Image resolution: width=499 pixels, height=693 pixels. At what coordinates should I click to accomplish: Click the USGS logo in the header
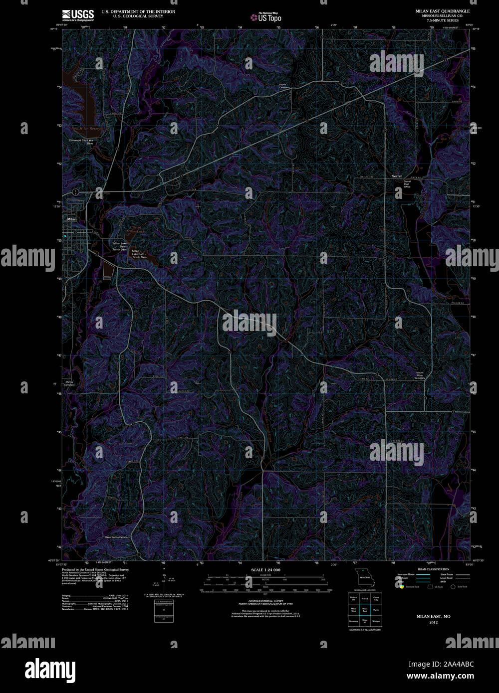[x=77, y=14]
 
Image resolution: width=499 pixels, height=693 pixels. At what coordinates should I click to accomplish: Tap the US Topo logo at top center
[x=266, y=17]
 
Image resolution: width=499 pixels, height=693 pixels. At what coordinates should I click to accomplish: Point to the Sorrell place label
[x=397, y=176]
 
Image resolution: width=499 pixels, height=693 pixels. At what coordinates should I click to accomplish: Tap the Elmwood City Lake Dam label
[x=81, y=142]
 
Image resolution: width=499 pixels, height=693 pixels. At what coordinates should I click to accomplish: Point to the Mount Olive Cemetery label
[x=420, y=375]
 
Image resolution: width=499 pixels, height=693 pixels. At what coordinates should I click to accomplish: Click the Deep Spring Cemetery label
[x=117, y=537]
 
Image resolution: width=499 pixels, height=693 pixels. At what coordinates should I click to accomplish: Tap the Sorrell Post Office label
[x=407, y=184]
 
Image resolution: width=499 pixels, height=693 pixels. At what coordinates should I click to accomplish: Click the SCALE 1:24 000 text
[x=265, y=569]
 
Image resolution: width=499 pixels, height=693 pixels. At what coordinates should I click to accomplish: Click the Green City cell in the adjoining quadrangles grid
[x=376, y=598]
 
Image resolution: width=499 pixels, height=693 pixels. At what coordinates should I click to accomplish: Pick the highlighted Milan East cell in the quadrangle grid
[x=365, y=609]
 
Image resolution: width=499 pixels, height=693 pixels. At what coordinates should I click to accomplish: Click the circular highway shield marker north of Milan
[x=75, y=192]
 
